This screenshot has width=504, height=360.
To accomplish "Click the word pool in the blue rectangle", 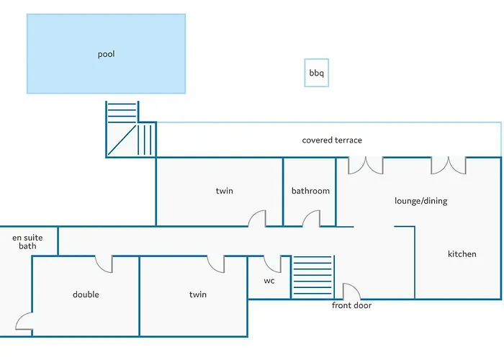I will coord(106,54).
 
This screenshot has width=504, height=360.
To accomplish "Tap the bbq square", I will coord(316,73).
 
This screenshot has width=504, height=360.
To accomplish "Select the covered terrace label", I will coord(332,140).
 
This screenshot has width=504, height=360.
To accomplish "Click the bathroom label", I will coord(310,191).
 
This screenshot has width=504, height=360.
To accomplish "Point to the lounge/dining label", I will coord(420,201).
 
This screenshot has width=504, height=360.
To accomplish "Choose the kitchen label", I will coord(462,254).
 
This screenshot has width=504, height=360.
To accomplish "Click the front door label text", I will coord(351,305).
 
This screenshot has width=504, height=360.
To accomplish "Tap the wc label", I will coord(269,281).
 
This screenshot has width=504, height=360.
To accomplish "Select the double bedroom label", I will coord(86,294).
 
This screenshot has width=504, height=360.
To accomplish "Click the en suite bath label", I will coord(27,241).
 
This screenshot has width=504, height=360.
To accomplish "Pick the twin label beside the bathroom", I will coord(224,191).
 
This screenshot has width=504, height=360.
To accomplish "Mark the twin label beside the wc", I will coord(197,294).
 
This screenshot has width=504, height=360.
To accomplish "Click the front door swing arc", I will coord(351,292).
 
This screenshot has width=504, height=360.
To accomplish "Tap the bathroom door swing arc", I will coord(311,219).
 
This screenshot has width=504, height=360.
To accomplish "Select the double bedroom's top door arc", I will coord(104,264).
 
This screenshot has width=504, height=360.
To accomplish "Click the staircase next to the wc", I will coord(312,276).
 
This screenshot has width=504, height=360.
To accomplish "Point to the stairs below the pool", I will coord(130,130).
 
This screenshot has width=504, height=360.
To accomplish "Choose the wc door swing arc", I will coord(272,264).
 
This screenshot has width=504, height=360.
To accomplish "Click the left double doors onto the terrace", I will coord(366,166).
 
